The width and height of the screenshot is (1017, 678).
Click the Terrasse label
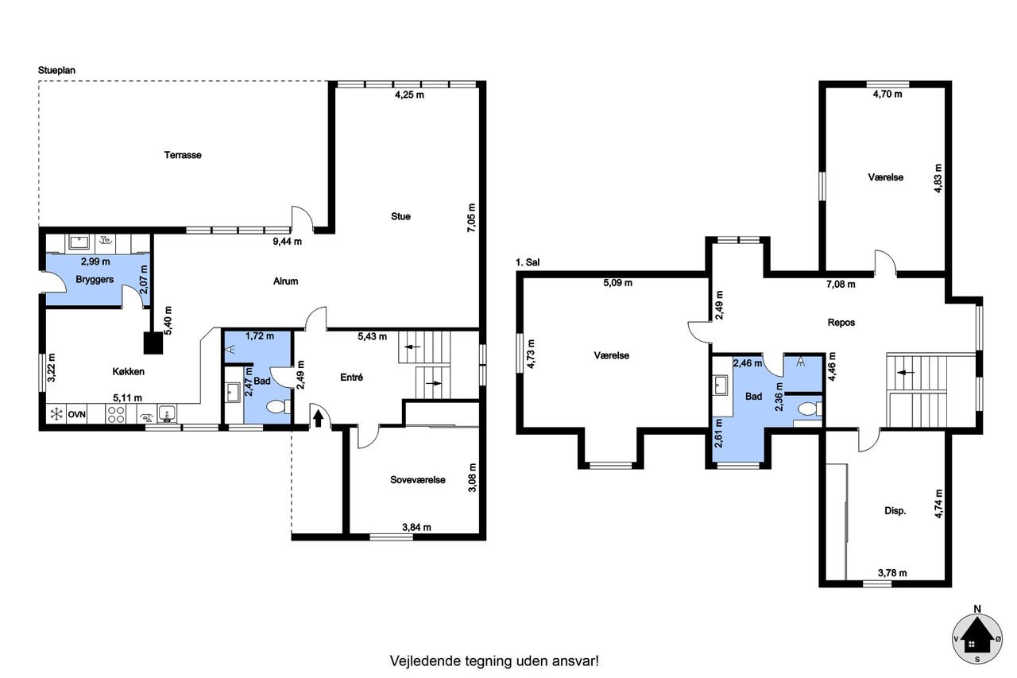(x=183, y=155)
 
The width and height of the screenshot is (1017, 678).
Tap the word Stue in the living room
(x=400, y=217)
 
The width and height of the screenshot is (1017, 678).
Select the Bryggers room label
(x=95, y=280)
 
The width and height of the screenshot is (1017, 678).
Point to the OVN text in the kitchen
(x=77, y=415)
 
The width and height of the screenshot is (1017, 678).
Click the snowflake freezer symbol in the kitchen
(x=56, y=414)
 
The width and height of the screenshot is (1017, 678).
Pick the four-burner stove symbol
(x=116, y=414)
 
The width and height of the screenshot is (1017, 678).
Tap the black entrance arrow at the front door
(x=318, y=418)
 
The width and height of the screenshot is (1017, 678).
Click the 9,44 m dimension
(x=287, y=242)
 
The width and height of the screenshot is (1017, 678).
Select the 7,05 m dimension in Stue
(x=471, y=218)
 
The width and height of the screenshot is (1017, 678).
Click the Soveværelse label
(x=418, y=480)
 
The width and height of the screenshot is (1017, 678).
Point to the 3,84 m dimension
(x=416, y=527)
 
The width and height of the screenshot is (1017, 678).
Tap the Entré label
(x=351, y=378)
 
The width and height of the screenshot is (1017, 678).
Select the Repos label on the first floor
(x=841, y=323)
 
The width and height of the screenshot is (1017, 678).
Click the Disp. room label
(x=895, y=511)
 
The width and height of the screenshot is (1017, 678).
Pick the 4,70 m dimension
(x=887, y=95)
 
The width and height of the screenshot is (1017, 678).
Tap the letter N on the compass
(x=977, y=610)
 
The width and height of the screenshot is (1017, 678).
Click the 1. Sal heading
(x=528, y=262)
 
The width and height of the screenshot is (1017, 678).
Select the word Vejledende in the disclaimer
(x=425, y=661)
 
